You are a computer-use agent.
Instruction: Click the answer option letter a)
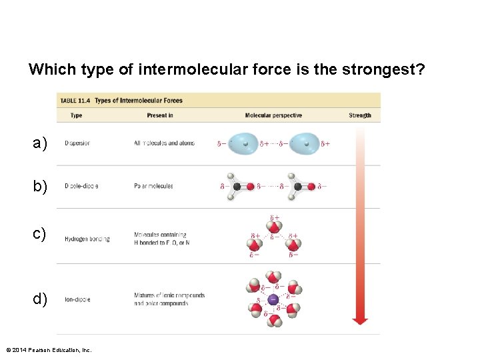40,143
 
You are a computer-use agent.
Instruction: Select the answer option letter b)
40,187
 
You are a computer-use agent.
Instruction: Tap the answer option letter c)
40,234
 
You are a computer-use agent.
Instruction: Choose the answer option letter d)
40,299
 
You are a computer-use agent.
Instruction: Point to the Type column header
76,115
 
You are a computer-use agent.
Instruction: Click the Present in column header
160,115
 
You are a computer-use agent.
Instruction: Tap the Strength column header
359,115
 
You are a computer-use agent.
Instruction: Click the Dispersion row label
77,143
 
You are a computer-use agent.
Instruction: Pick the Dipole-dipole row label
81,186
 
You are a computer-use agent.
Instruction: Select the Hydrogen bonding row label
87,239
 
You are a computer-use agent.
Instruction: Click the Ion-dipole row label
77,299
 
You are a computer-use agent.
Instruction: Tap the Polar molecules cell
153,186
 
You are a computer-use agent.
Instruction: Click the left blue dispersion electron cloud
245,143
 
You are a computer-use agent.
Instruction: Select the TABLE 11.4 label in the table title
75,101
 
